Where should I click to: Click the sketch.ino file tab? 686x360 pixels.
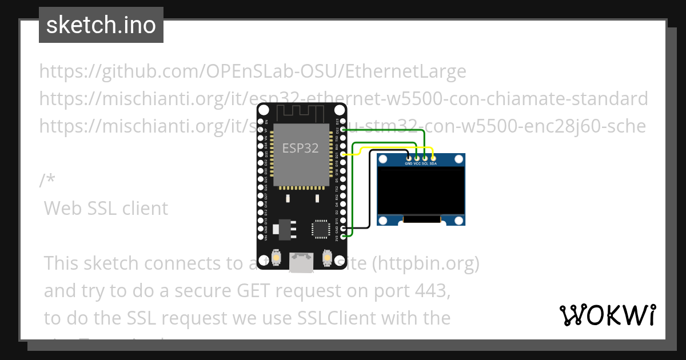click(101, 25)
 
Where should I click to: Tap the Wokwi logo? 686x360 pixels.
click(608, 315)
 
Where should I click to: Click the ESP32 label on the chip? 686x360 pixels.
click(300, 148)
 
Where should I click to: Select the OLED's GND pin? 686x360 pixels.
click(408, 158)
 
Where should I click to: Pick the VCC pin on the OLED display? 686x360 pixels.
click(417, 158)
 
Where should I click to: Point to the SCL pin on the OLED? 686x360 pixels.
click(425, 158)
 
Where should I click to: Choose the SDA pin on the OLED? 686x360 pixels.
click(433, 158)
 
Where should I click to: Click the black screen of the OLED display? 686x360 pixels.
click(421, 191)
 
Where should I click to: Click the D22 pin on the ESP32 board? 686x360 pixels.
click(342, 130)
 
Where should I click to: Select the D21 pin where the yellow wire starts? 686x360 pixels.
click(342, 154)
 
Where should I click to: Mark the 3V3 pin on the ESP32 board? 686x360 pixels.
click(342, 236)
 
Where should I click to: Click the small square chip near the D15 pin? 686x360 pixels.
click(320, 229)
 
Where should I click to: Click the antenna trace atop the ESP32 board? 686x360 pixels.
click(301, 113)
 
